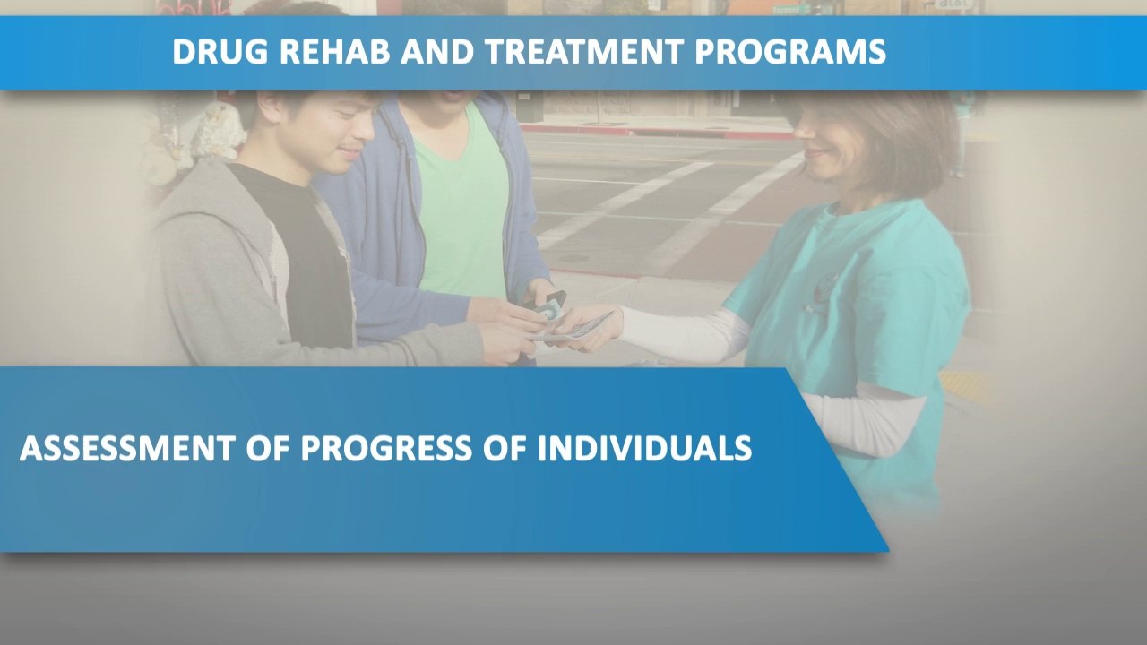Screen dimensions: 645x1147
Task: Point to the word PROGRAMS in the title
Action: (790, 52)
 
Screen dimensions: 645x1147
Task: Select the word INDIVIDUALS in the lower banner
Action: (644, 448)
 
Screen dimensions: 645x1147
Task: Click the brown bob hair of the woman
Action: (896, 134)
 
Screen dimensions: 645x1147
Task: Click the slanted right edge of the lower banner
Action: (838, 461)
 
